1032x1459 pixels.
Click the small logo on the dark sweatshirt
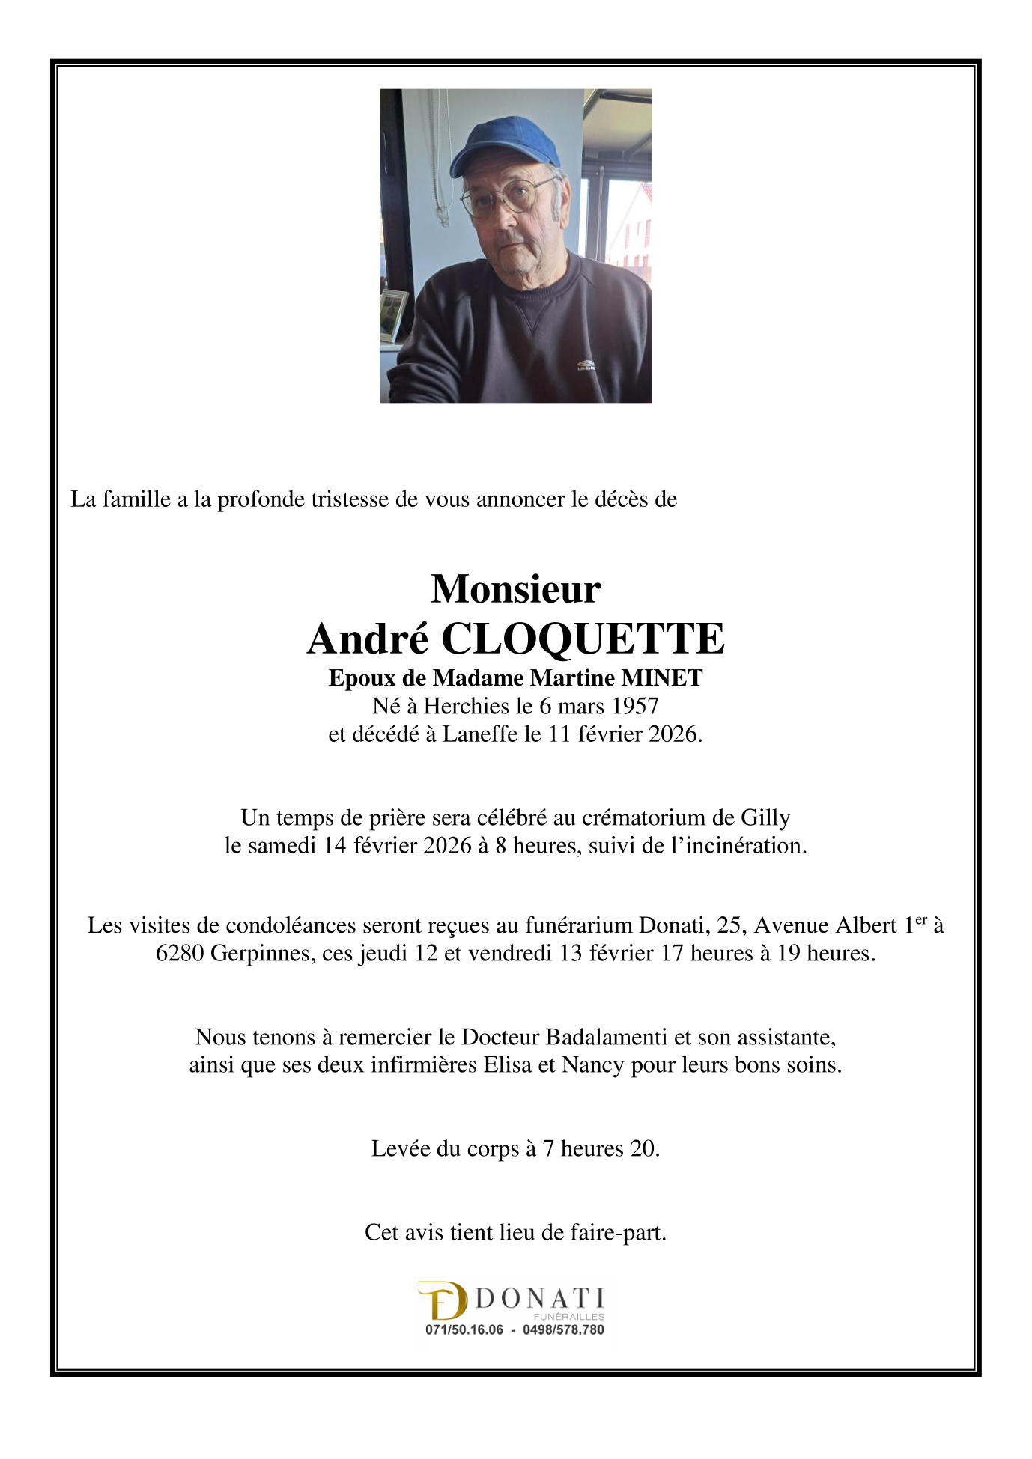[586, 365]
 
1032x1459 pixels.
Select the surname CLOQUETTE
[583, 639]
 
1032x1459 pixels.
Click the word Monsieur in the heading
[515, 588]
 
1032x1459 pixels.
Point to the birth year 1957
[634, 706]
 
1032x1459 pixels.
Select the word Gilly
[765, 817]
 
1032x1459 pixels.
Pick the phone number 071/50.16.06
[464, 1330]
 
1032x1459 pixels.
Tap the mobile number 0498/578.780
[563, 1330]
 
